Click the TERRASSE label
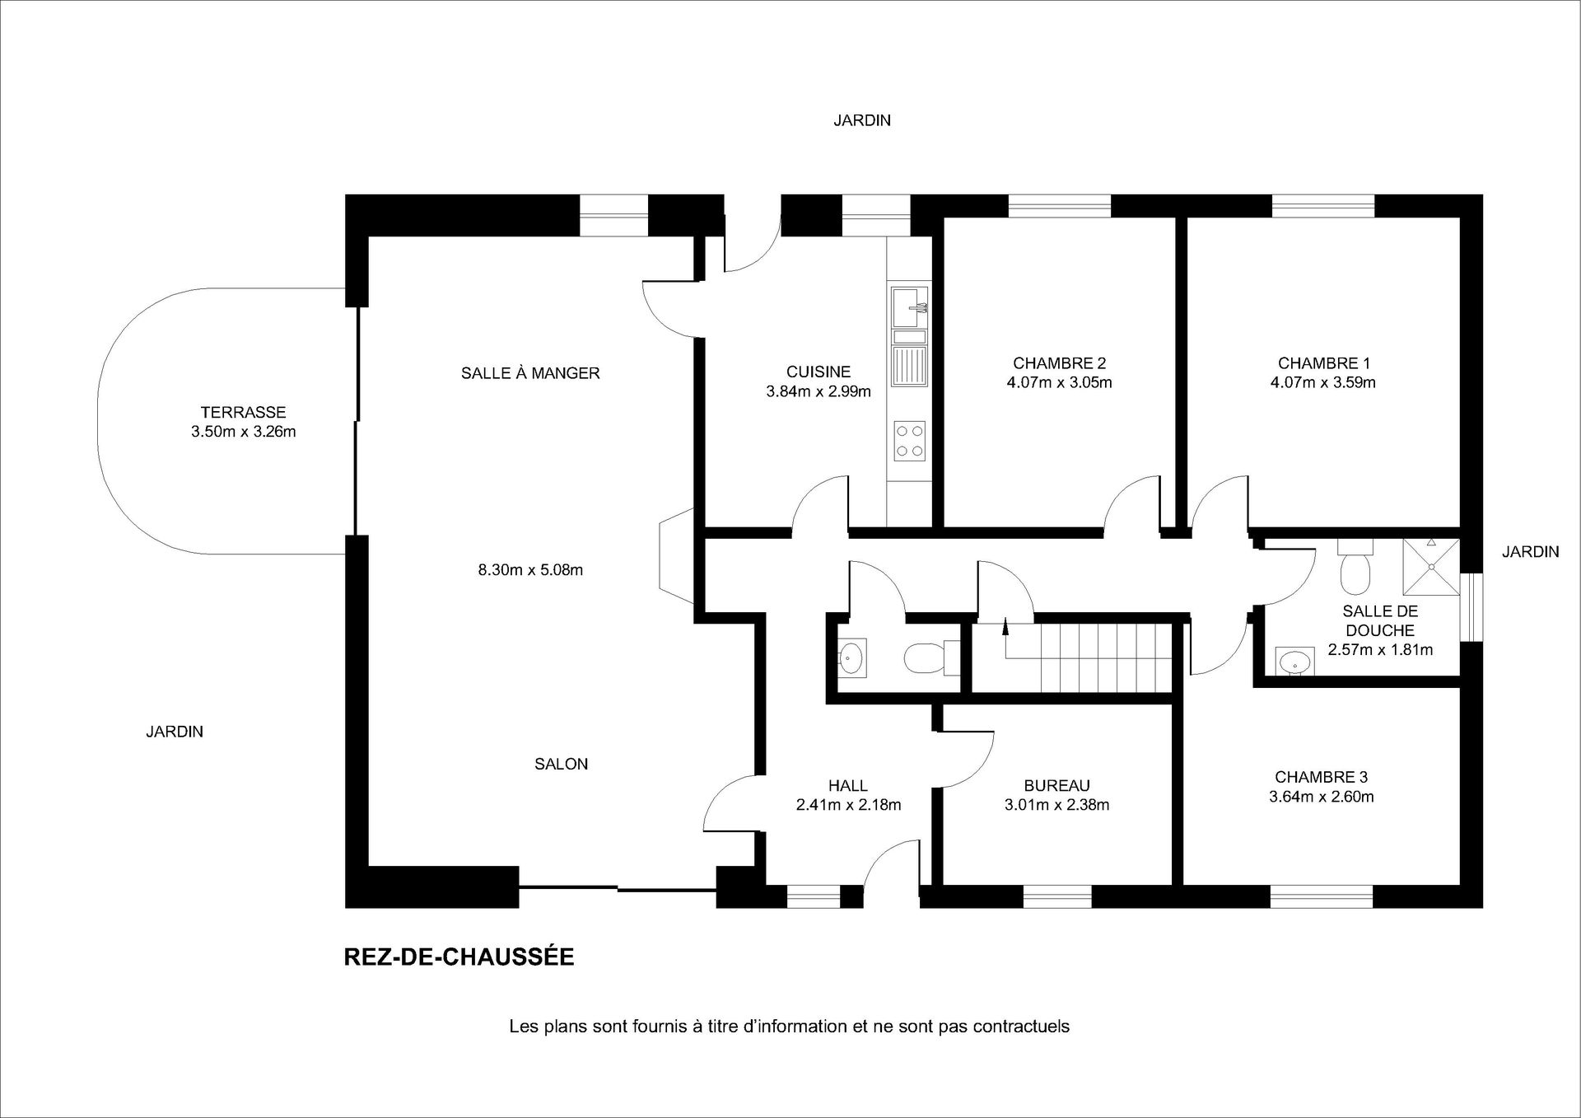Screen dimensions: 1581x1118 tap(243, 412)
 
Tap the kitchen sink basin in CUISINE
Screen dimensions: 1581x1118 tap(909, 306)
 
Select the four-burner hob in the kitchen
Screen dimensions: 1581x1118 tap(910, 441)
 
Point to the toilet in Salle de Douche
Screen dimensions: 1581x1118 tap(1355, 567)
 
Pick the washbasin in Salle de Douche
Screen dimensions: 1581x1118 tap(1295, 661)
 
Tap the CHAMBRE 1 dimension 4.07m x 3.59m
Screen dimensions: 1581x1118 tap(1323, 382)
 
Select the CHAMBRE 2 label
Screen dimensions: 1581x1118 tap(1059, 363)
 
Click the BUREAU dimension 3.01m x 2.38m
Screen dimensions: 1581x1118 tap(1057, 805)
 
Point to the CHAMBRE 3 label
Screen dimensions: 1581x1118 tap(1322, 777)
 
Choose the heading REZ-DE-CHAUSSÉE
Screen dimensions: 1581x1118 tap(459, 957)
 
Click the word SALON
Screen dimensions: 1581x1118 tap(562, 764)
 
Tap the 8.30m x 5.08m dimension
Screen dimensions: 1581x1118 tap(531, 569)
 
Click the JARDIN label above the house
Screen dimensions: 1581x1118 tap(862, 120)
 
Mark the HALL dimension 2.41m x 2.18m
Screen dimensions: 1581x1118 tap(849, 805)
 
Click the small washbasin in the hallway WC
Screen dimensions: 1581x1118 tap(851, 657)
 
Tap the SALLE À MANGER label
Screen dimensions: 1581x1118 tap(530, 372)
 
